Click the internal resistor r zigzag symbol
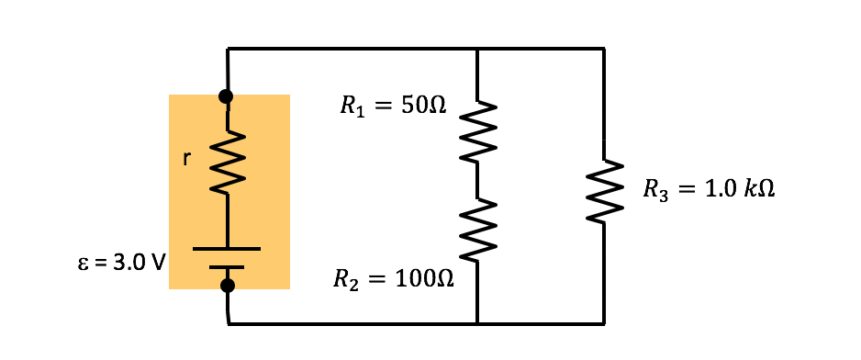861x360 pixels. pos(227,163)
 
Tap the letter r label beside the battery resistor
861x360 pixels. pos(186,159)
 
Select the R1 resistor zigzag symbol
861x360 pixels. pos(478,131)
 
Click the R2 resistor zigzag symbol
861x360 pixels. pos(478,230)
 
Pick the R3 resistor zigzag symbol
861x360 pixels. pos(604,190)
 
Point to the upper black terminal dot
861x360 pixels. pos(226,96)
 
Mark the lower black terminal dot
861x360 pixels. pos(228,286)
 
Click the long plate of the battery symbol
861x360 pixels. pos(227,249)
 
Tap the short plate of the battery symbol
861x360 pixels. pos(227,267)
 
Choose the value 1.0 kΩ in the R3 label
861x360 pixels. pos(739,189)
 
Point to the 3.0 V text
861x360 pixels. pos(139,263)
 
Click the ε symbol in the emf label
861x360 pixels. pos(83,264)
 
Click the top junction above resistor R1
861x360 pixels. pos(477,49)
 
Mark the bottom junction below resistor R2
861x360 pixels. pos(477,323)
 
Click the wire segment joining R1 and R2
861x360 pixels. pos(478,181)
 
